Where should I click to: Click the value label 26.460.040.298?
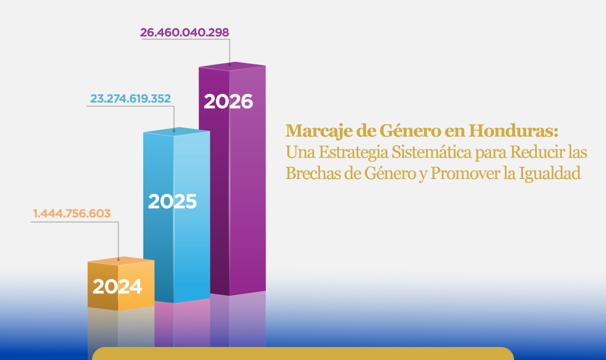point(184,33)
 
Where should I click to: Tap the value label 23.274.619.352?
point(130,99)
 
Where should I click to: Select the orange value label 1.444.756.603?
point(72,214)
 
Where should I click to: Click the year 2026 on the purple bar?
point(228,101)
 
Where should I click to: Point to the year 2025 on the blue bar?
point(172,201)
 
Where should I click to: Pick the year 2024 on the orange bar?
point(117,287)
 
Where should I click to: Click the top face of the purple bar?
point(232,66)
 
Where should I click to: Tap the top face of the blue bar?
point(176,131)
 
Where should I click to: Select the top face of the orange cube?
point(121,260)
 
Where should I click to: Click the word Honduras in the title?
point(513,131)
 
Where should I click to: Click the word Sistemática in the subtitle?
point(431,152)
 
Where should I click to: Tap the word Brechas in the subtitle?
point(313,173)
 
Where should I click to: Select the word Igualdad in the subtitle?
point(550,174)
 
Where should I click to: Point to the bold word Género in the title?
point(410,131)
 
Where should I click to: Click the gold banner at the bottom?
point(303,354)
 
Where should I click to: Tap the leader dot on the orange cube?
point(119,260)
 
